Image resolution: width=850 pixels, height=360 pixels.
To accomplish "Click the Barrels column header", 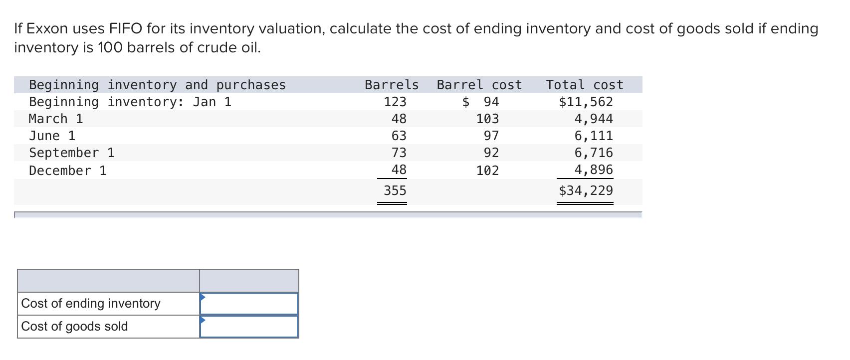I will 391,85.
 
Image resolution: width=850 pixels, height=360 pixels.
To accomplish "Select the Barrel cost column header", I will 479,85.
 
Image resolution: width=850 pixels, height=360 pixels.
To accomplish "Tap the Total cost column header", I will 585,85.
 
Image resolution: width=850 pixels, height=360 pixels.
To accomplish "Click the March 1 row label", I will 56,119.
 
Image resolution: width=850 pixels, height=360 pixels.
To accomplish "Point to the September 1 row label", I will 71,153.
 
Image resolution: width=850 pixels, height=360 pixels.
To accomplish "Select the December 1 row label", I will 67,171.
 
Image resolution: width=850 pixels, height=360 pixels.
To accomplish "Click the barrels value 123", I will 395,102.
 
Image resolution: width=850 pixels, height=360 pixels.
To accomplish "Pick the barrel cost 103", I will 487,119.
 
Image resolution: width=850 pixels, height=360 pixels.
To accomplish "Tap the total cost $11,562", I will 586,102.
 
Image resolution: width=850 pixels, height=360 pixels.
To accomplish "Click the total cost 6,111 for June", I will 593,136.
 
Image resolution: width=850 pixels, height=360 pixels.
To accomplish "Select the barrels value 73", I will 399,153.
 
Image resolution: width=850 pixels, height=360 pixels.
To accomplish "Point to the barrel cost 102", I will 487,171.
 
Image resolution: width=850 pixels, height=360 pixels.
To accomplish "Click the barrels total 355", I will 395,190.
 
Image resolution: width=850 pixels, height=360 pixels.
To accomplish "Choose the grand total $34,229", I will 586,190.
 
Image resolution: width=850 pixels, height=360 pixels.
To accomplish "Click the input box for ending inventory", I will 249,304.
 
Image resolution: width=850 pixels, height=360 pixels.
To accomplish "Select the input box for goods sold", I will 249,327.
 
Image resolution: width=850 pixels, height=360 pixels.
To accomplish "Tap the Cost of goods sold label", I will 74,326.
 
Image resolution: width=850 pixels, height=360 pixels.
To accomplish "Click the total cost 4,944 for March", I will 593,119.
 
